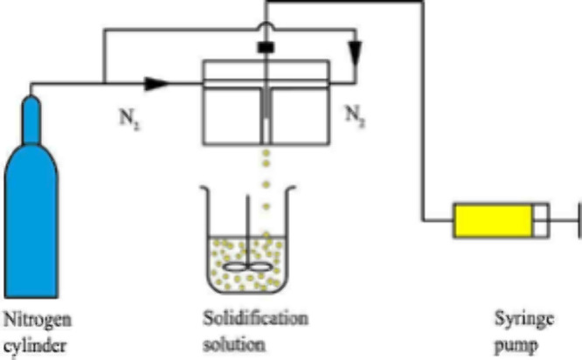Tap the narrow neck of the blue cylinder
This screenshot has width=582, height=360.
click(31, 113)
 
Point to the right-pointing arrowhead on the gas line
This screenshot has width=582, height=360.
click(156, 84)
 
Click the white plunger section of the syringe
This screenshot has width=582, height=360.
click(541, 220)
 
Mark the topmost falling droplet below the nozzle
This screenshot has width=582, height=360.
click(264, 155)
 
